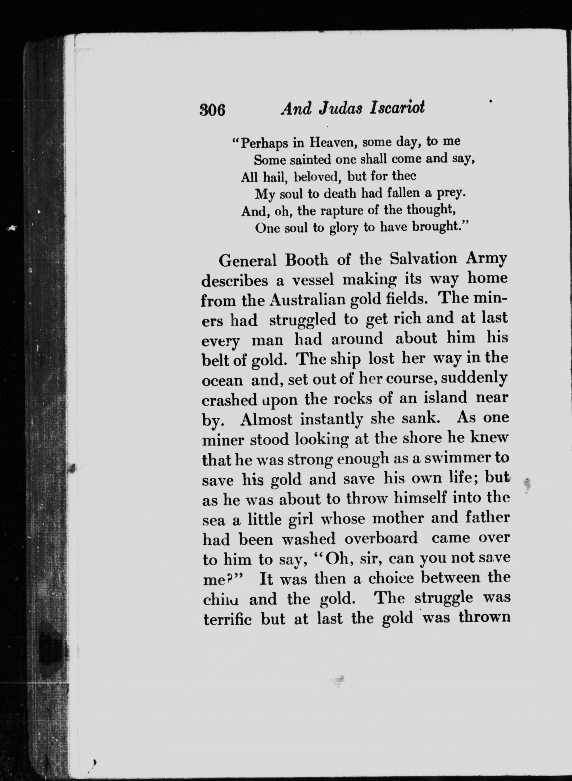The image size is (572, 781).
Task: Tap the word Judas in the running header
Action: point(341,109)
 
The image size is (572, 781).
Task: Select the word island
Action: point(446,398)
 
